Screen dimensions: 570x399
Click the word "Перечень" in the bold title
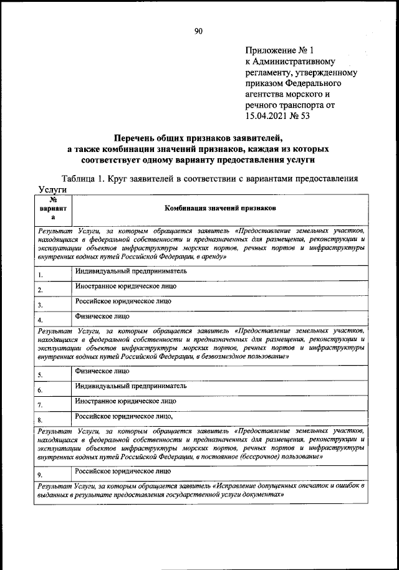coord(134,138)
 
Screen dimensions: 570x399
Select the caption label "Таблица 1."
coord(84,178)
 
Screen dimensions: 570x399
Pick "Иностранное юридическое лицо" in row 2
coord(125,287)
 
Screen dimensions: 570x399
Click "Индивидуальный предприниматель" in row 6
coord(131,386)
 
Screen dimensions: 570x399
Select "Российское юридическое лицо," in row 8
coord(124,416)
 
